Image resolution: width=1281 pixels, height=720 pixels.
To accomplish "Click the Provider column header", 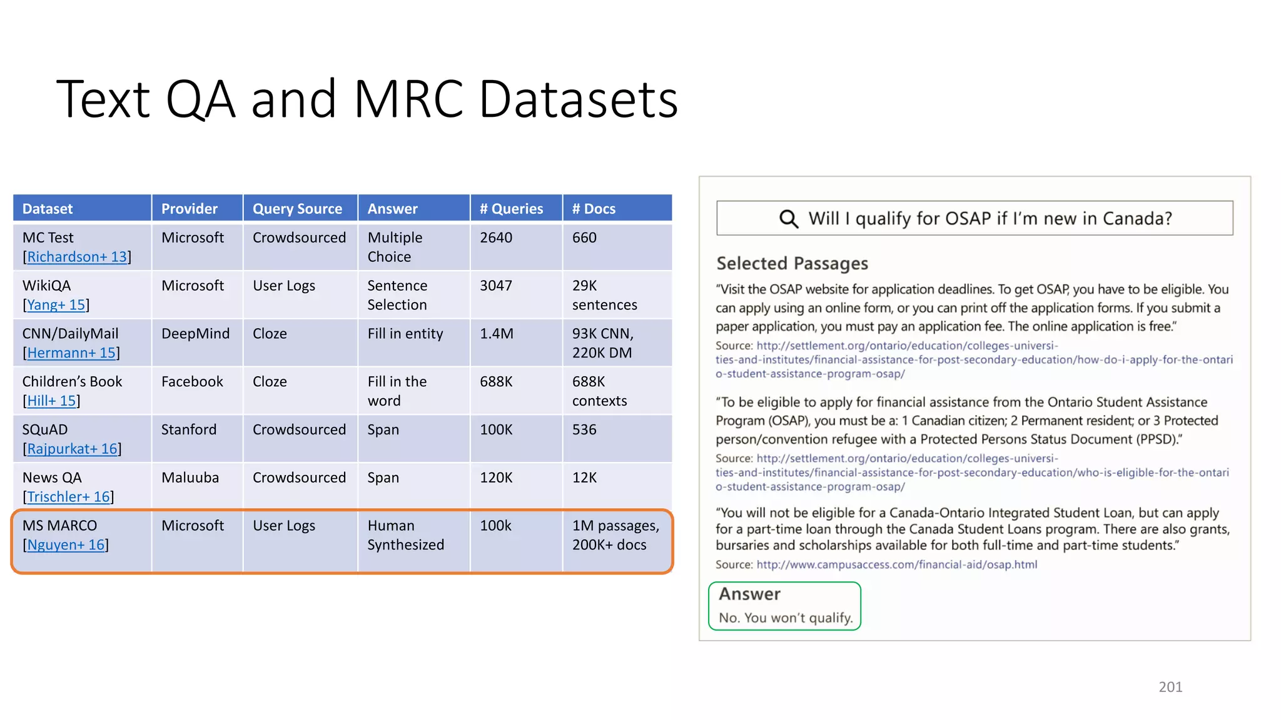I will (189, 209).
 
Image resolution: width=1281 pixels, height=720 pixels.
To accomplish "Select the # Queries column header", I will (511, 209).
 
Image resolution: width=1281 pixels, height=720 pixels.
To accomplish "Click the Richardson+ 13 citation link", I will (77, 257).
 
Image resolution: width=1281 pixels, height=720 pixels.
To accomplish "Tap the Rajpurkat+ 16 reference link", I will (72, 449).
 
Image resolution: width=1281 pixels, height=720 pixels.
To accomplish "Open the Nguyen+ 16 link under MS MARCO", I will (66, 545).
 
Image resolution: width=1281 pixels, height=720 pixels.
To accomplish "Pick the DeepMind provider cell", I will (195, 334).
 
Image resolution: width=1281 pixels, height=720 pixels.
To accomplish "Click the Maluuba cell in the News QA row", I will (190, 477).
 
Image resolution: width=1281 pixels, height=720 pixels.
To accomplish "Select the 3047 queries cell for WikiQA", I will (495, 286).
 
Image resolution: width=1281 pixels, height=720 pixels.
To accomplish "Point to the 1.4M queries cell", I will (496, 334).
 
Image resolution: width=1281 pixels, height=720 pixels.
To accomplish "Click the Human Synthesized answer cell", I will (405, 535).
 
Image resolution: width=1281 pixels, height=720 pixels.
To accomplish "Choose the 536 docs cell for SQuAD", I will (584, 429).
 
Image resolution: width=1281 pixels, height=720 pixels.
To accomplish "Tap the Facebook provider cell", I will (192, 382).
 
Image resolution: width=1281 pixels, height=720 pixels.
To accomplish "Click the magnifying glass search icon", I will (789, 219).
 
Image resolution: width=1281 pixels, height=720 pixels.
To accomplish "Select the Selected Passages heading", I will (792, 263).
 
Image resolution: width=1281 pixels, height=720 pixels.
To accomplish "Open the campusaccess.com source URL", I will (896, 564).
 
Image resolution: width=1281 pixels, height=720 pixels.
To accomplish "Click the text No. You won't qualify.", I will (786, 617).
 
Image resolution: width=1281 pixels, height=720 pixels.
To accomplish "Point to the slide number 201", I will (1170, 687).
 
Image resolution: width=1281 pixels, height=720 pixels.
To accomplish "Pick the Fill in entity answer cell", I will (405, 334).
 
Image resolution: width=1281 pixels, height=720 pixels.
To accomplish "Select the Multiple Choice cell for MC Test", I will (395, 247).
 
